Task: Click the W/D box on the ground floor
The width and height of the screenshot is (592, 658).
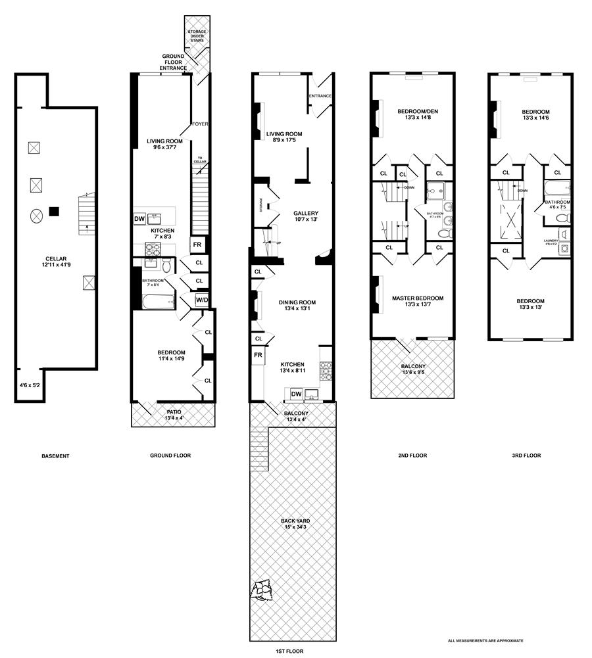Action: [201, 301]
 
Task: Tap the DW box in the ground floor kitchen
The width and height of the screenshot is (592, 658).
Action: [139, 219]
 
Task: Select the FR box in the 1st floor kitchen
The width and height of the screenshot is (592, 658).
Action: [259, 356]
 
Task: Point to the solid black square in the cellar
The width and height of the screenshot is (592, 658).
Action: [55, 211]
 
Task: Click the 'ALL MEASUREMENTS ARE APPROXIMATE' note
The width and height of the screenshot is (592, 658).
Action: [485, 640]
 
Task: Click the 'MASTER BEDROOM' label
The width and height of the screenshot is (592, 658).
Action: [418, 298]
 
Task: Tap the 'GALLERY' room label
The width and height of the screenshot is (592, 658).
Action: [306, 213]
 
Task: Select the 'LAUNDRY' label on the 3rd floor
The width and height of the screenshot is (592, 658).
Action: [551, 241]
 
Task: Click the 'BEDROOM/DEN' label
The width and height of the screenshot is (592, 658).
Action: [417, 112]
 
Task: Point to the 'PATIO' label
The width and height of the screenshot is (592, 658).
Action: [174, 412]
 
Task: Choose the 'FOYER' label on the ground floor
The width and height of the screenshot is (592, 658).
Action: [199, 124]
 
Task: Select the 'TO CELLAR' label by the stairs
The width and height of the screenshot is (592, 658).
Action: [200, 160]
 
